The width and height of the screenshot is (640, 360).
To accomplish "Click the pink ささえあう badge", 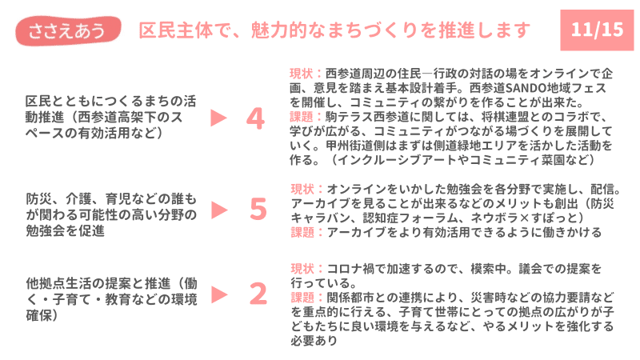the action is tap(68, 30).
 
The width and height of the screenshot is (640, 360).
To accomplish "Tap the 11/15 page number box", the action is tap(597, 30).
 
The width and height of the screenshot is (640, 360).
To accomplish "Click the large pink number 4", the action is tap(255, 118).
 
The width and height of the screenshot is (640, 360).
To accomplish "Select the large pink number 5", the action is tap(258, 210).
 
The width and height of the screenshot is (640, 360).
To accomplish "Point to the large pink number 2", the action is tap(258, 294).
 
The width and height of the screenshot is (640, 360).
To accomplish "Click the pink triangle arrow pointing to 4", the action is tap(218, 118).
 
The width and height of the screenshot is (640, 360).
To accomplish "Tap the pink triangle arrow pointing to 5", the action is tap(219, 210).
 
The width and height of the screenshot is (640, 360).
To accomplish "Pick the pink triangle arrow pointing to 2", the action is tap(219, 294).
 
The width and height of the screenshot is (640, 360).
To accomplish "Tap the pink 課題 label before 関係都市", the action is tap(302, 298).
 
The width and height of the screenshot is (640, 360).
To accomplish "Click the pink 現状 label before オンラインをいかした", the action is tap(302, 189).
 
